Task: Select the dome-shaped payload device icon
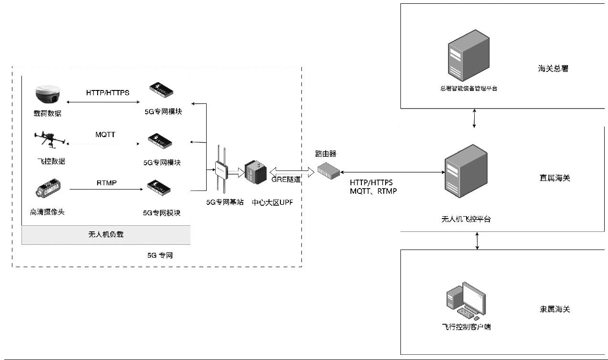pyautogui.click(x=47, y=94)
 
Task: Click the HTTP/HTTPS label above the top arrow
pyautogui.click(x=108, y=92)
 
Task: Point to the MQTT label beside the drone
pyautogui.click(x=105, y=134)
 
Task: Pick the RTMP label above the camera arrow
pyautogui.click(x=106, y=182)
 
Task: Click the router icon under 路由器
pyautogui.click(x=329, y=170)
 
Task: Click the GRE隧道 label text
pyautogui.click(x=286, y=180)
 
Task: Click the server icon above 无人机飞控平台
pyautogui.click(x=465, y=170)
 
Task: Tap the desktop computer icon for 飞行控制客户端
pyautogui.click(x=466, y=300)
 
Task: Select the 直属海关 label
pyautogui.click(x=555, y=178)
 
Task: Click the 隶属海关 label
pyautogui.click(x=555, y=309)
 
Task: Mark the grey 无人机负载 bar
pyautogui.click(x=106, y=235)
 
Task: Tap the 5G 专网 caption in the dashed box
pyautogui.click(x=160, y=256)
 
